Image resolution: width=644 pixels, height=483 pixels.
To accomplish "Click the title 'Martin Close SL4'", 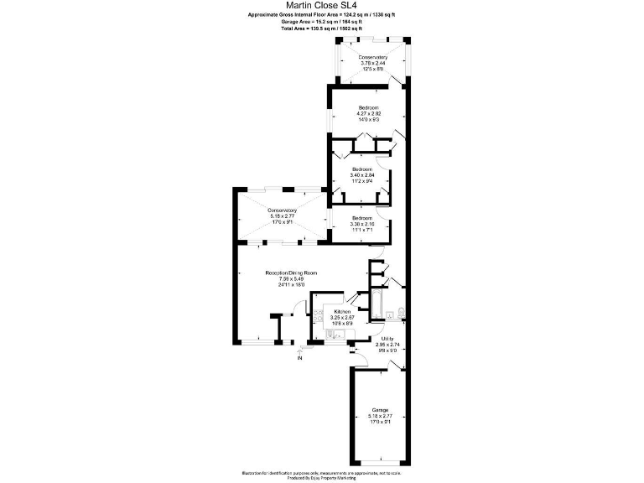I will tap(321, 5).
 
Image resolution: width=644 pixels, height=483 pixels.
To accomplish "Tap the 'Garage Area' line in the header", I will tap(321, 21).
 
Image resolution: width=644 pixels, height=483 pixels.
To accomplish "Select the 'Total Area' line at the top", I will tap(321, 29).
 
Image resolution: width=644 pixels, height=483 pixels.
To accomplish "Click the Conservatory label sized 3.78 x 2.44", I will tap(369, 58).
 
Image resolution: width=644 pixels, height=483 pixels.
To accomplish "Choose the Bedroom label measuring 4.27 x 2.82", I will tap(369, 108).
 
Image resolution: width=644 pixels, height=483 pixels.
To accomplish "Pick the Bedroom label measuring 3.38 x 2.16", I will tap(361, 218).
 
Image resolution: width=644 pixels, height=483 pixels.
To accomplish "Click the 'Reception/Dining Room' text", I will tap(290, 273).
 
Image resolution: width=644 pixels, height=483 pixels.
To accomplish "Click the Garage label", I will tap(379, 410).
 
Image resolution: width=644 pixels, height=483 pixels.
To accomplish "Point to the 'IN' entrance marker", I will tap(299, 359).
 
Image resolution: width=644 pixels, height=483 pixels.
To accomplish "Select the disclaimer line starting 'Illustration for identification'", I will tap(321, 473).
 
